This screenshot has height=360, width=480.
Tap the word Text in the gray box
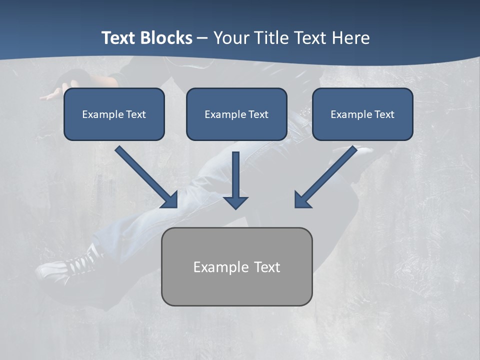[267, 267]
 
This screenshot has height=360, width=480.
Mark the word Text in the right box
[384, 114]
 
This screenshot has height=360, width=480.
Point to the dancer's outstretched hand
[50, 95]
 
